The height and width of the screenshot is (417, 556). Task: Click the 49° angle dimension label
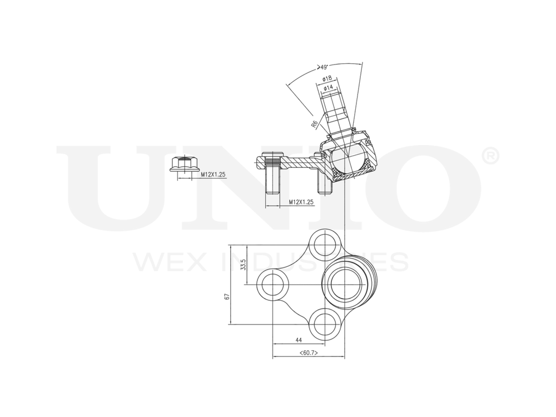tap(322, 67)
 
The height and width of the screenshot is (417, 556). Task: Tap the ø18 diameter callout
tap(327, 78)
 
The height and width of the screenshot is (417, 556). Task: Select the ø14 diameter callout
tap(328, 88)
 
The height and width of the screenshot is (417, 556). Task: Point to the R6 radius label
tap(315, 124)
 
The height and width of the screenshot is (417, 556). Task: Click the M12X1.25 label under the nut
tap(213, 175)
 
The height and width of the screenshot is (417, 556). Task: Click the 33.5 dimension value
tap(243, 265)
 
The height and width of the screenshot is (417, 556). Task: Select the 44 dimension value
tap(299, 339)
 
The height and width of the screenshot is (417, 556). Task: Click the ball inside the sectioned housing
tap(346, 157)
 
